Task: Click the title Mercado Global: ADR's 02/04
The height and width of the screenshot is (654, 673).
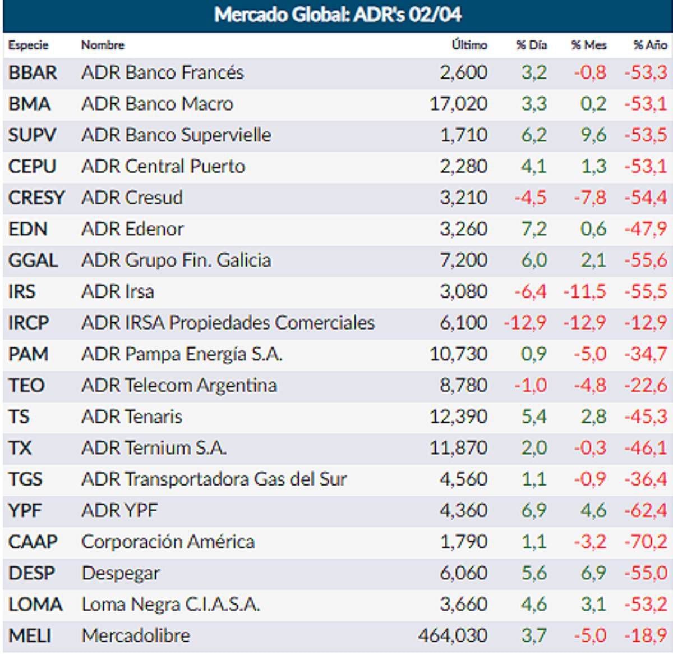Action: pos(338,15)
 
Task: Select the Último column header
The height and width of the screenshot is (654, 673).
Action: pos(469,45)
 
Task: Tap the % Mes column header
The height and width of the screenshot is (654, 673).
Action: pos(588,45)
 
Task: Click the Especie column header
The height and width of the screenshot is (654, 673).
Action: pos(28,45)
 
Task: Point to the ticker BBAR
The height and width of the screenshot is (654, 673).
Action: pos(33,73)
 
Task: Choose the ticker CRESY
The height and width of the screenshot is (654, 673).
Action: pos(36,198)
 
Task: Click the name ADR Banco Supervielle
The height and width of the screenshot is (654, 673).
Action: pos(176,135)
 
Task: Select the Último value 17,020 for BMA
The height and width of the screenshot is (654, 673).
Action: pos(458,104)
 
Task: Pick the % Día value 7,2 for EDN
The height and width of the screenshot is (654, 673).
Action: pos(533,230)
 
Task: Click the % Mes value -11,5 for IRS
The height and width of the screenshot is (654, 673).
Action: pos(584,292)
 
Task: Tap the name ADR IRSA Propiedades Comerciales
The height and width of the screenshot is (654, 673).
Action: pos(228,323)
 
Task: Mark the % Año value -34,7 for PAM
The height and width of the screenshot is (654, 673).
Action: pos(646,355)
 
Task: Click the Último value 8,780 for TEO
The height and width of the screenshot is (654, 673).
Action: pos(463,386)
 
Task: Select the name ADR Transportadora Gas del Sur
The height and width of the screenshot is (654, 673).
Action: pos(214,480)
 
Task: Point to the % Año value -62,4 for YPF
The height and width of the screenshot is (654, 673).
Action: pos(646,511)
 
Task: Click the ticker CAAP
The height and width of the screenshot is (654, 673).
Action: pos(33,542)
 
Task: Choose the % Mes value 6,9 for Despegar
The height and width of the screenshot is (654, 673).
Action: pos(593,574)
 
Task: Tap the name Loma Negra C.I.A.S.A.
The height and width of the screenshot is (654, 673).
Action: pos(170,605)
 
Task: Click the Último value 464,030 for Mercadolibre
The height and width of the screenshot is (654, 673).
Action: pos(453,636)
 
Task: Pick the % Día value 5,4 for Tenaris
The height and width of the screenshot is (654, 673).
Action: pos(533,417)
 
